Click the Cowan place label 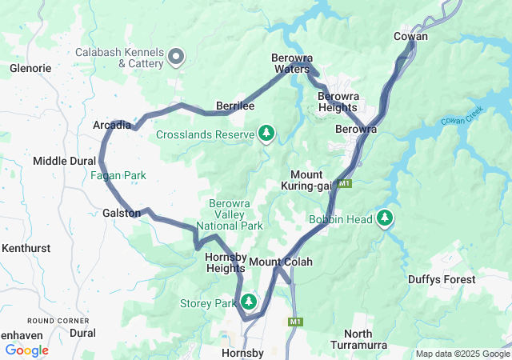pyautogui.click(x=410, y=37)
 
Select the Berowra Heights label pyautogui.click(x=338, y=102)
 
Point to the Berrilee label pyautogui.click(x=235, y=106)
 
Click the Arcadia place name pyautogui.click(x=111, y=126)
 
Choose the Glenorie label pyautogui.click(x=30, y=69)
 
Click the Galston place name pyautogui.click(x=122, y=213)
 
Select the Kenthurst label pyautogui.click(x=26, y=249)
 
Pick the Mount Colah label pyautogui.click(x=280, y=262)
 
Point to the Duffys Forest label pyautogui.click(x=442, y=279)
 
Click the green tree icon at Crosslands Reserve pyautogui.click(x=266, y=133)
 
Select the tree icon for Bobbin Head pyautogui.click(x=385, y=218)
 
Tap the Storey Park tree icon pyautogui.click(x=250, y=302)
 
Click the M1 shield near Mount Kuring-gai pyautogui.click(x=344, y=184)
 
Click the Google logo pyautogui.click(x=26, y=350)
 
